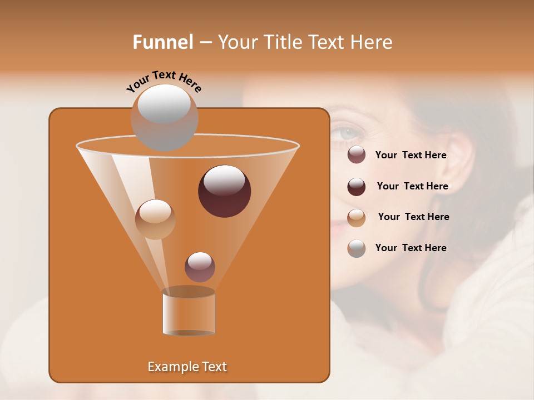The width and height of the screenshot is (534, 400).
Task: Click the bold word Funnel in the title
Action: click(163, 42)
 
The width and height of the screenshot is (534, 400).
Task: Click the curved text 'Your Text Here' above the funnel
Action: click(164, 82)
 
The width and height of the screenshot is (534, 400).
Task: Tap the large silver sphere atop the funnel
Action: click(164, 117)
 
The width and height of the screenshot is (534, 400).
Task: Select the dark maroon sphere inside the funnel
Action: click(225, 191)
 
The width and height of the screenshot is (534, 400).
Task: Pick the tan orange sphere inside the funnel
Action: click(155, 219)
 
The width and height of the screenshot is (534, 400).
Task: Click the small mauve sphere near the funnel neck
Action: click(200, 267)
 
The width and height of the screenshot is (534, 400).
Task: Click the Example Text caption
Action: click(187, 367)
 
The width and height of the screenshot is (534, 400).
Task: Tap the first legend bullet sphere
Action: click(357, 155)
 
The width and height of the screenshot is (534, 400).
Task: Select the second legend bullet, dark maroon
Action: click(357, 187)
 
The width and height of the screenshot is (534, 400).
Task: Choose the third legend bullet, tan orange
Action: click(357, 218)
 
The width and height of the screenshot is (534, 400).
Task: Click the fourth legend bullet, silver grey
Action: click(357, 248)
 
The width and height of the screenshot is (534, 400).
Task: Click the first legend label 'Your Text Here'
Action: click(411, 156)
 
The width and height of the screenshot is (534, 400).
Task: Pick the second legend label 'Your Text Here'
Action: click(412, 187)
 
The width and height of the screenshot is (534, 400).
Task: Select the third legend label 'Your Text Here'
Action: click(413, 217)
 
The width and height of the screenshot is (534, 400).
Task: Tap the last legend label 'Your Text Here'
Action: click(411, 248)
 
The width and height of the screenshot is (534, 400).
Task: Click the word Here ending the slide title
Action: click(373, 42)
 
